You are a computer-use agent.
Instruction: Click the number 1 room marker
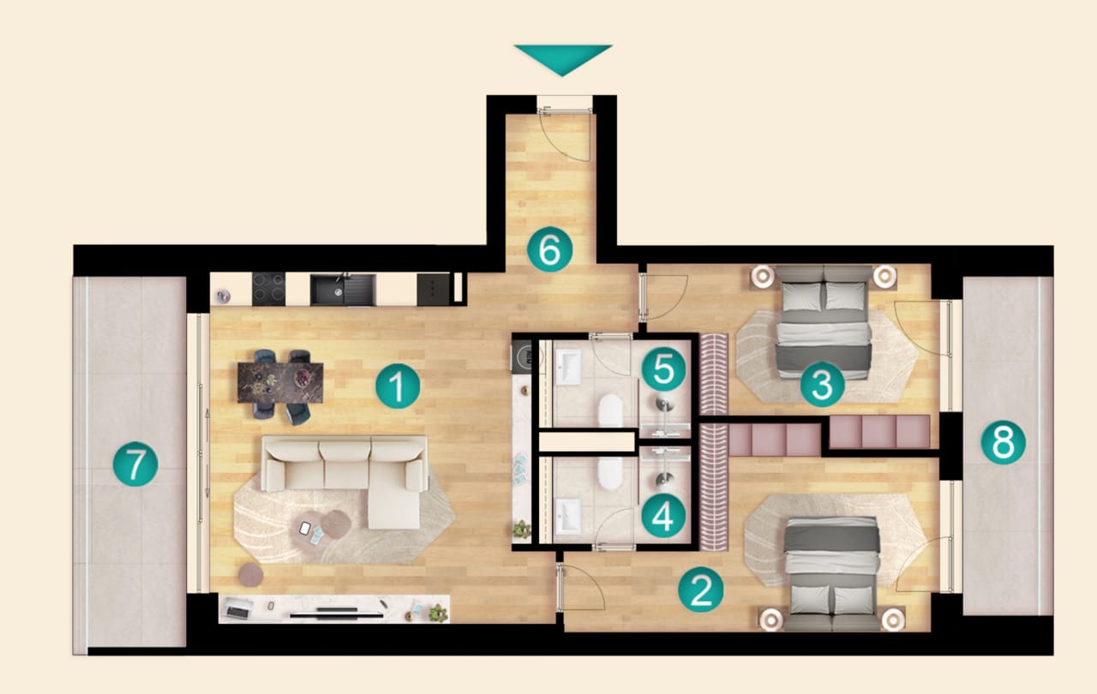[398, 386]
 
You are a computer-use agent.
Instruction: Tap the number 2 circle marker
[700, 589]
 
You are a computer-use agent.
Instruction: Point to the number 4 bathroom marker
[663, 516]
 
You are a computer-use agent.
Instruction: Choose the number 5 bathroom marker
[663, 369]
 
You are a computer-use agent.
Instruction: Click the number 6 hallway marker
[549, 249]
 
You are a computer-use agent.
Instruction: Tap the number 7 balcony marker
[135, 464]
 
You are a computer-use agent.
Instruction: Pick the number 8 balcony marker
[1003, 442]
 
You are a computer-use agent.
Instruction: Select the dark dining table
[280, 383]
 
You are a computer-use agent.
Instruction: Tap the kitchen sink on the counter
[344, 290]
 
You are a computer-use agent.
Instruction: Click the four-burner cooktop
[268, 289]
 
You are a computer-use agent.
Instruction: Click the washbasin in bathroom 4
[568, 517]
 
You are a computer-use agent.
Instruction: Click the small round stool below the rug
[251, 574]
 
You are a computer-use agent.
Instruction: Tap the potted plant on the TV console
[438, 613]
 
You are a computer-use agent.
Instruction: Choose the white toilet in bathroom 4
[610, 473]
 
